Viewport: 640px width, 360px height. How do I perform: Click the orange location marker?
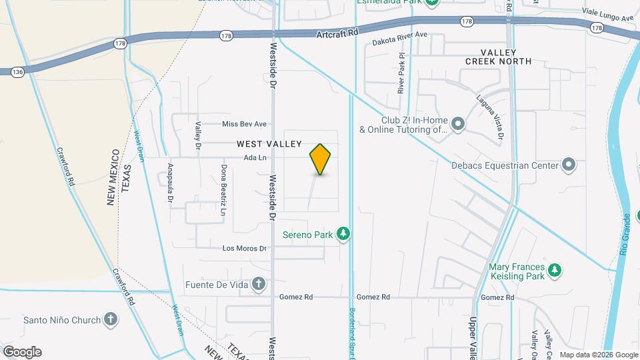tap(320, 159)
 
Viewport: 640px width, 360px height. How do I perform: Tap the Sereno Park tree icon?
tap(343, 233)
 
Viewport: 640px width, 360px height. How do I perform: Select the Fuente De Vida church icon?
tap(259, 285)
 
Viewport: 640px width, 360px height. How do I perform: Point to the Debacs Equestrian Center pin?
tap(568, 164)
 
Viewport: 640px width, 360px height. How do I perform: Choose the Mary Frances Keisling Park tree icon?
tap(555, 271)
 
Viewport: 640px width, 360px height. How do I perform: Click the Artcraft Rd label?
tap(337, 31)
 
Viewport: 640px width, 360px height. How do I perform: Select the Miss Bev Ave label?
tap(244, 124)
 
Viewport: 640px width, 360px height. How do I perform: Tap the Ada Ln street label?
tap(255, 158)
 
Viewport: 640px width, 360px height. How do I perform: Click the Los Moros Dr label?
tap(244, 249)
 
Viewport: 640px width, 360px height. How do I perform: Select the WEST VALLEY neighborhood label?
tap(269, 144)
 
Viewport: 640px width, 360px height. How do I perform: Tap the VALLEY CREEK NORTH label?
tap(498, 57)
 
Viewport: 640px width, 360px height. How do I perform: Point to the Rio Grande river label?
tap(625, 239)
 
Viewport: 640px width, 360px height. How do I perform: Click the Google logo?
tap(22, 351)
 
